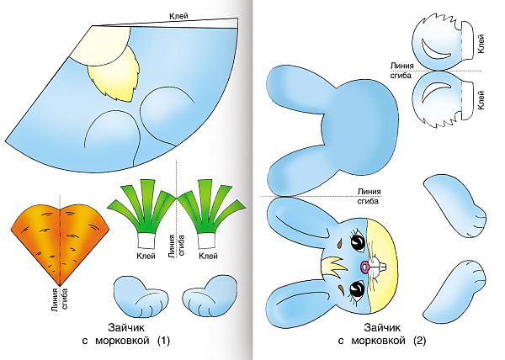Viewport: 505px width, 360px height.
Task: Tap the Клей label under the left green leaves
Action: (x=145, y=255)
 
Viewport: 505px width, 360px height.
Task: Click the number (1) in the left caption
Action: (x=163, y=341)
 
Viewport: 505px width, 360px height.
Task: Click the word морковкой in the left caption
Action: (x=125, y=341)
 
